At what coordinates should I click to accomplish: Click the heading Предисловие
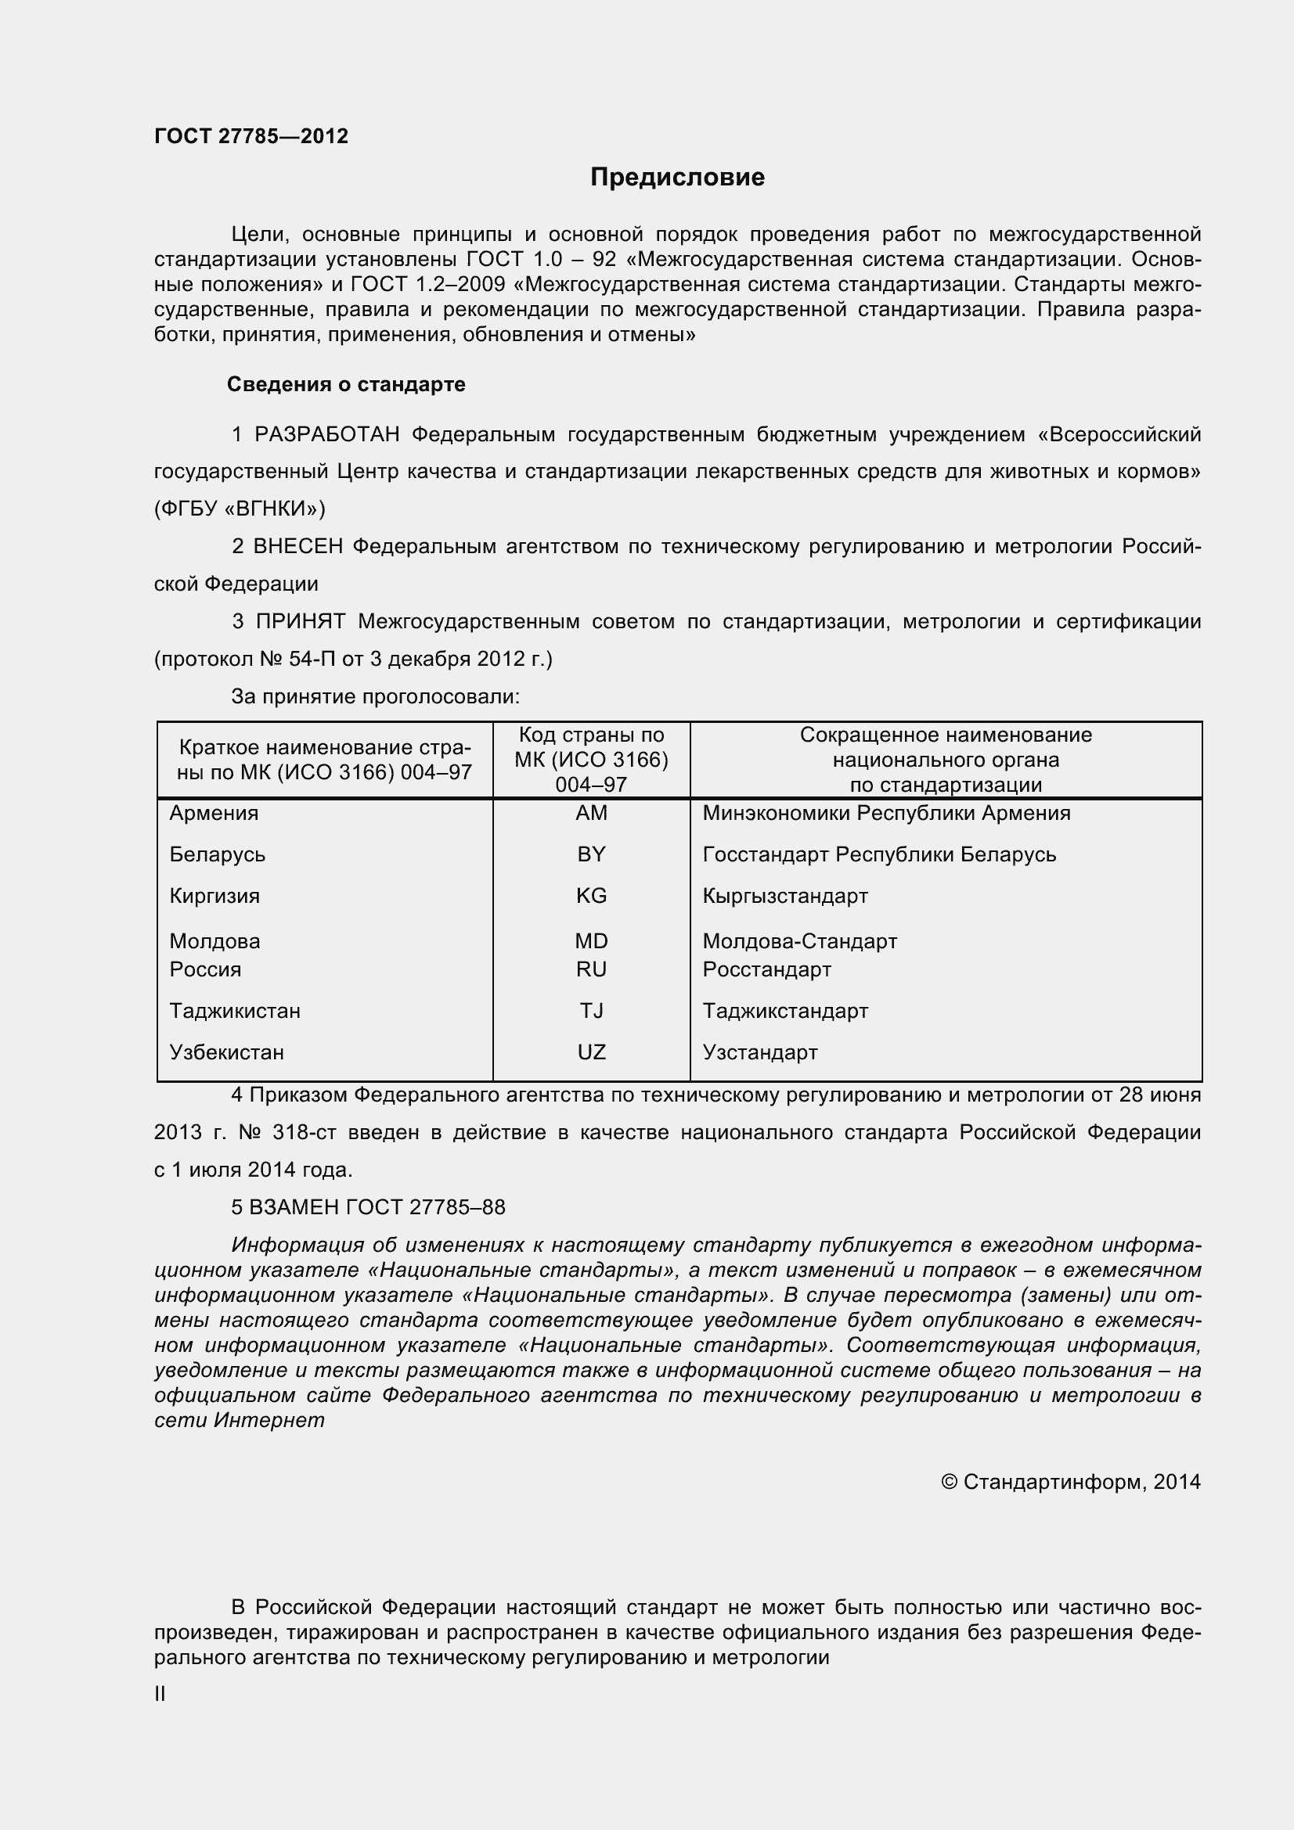click(677, 177)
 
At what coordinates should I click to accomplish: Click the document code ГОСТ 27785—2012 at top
click(251, 136)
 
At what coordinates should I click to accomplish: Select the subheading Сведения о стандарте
click(346, 384)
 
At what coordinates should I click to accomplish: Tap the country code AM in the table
click(591, 813)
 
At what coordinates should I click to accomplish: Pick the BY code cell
click(591, 854)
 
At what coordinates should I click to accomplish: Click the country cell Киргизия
click(214, 896)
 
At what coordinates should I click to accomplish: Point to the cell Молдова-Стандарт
click(800, 941)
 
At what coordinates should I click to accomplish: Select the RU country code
click(591, 969)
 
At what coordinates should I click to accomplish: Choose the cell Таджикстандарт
click(785, 1011)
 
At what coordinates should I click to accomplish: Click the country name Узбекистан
click(226, 1052)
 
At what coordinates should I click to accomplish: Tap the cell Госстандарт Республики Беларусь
click(879, 854)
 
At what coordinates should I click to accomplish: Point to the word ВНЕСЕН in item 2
click(298, 547)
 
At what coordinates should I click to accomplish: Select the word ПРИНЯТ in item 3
click(301, 622)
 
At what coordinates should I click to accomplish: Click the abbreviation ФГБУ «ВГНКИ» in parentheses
click(240, 509)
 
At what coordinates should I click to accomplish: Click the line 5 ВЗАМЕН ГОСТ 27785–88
click(369, 1207)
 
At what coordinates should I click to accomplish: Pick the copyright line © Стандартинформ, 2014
click(1071, 1482)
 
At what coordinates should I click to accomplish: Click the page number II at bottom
click(160, 1695)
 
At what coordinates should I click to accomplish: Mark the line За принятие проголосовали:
click(376, 696)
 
